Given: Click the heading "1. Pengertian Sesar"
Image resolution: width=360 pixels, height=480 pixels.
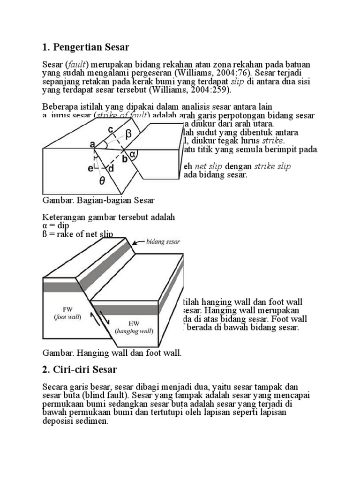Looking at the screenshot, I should pos(85,47).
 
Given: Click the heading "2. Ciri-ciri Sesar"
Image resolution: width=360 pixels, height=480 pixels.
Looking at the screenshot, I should pos(79,369).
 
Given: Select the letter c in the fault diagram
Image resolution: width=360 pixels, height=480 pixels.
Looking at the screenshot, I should pos(111,129).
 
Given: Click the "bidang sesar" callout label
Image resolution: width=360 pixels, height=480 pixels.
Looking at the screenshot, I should pos(164,241).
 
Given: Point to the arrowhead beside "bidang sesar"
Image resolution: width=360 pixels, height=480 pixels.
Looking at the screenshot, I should pos(135,243).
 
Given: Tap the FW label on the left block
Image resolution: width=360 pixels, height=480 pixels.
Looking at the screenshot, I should pos(66,309).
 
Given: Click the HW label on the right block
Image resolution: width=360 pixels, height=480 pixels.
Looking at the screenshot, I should pos(133,323).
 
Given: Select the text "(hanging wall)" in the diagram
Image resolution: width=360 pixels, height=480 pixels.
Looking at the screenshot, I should pos(133,330).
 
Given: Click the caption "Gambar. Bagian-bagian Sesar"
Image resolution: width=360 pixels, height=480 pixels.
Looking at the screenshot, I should pos(98,200).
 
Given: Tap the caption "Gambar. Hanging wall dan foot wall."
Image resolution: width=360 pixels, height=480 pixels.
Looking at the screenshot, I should pos(112,352).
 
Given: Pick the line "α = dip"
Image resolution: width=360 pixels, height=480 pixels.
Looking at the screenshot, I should pos(56,225).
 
